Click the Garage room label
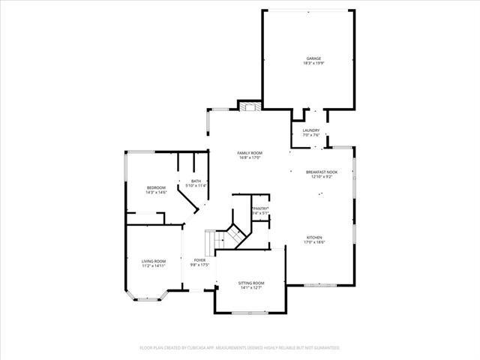(x=313, y=58)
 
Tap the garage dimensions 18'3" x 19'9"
(x=313, y=64)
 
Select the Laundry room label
(x=311, y=130)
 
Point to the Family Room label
(x=250, y=153)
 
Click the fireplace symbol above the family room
(x=250, y=106)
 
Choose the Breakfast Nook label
(x=322, y=172)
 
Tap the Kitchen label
(x=314, y=237)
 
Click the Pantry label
(x=260, y=208)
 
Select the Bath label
(x=196, y=181)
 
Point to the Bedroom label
(x=156, y=187)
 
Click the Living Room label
(x=153, y=261)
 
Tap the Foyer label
(x=199, y=260)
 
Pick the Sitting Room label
(x=252, y=283)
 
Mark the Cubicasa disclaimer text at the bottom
(x=240, y=348)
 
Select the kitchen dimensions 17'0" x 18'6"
(x=314, y=242)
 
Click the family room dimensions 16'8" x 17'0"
(x=250, y=158)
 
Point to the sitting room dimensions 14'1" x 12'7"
(x=252, y=288)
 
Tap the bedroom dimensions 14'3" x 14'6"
(x=156, y=193)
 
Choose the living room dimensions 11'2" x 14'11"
(x=153, y=266)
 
